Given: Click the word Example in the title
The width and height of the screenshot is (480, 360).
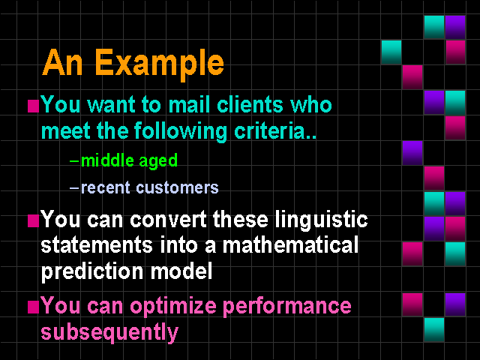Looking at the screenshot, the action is click(160, 64).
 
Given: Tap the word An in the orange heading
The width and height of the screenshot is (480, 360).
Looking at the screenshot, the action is click(62, 62).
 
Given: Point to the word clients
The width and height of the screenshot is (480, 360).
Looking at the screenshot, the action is click(250, 104).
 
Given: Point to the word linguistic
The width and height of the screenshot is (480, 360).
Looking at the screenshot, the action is click(322, 220).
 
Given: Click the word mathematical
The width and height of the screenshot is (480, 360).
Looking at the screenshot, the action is click(290, 245).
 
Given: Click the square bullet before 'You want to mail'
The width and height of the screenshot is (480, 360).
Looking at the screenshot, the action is click(33, 106).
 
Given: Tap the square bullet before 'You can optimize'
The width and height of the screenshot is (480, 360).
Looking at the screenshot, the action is click(33, 307).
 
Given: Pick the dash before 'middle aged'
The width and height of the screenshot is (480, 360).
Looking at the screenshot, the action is click(74, 160).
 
